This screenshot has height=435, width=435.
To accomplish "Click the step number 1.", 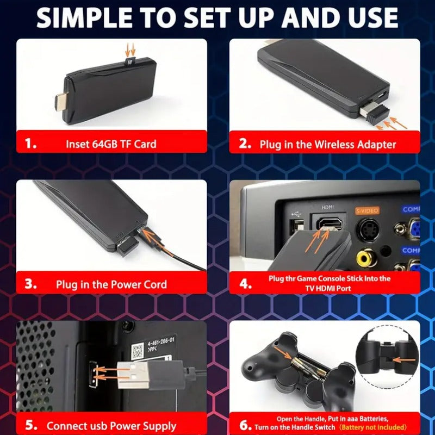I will click(x=31, y=144).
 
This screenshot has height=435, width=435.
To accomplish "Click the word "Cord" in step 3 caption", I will click(x=153, y=284).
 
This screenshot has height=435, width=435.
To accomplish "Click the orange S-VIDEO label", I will click(x=367, y=209).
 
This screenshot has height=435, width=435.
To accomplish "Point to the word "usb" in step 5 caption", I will click(x=97, y=426).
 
